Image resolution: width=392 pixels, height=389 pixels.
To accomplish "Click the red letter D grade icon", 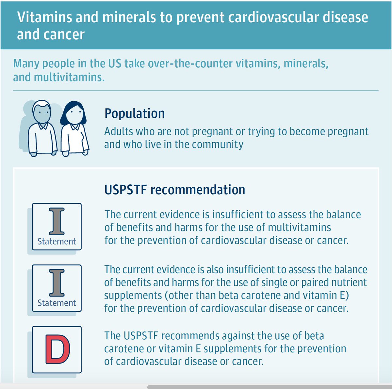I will coord(57,349).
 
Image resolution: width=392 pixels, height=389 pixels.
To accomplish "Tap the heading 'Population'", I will coord(135,113).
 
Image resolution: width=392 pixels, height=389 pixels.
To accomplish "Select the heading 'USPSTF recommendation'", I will coord(174,190).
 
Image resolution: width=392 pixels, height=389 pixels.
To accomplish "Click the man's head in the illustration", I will coord(42,111).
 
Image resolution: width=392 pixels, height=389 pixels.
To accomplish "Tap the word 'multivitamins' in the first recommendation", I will coord(299,227).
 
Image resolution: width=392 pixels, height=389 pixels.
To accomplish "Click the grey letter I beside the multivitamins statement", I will coord(57,222).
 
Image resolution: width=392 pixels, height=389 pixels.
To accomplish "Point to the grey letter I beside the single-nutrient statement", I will coord(57,283).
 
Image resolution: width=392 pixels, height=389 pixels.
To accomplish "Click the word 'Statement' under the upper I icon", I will coord(57,241).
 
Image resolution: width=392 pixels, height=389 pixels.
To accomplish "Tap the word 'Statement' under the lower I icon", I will coord(57,303).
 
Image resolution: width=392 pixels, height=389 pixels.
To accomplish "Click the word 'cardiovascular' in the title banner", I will coord(272,17).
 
